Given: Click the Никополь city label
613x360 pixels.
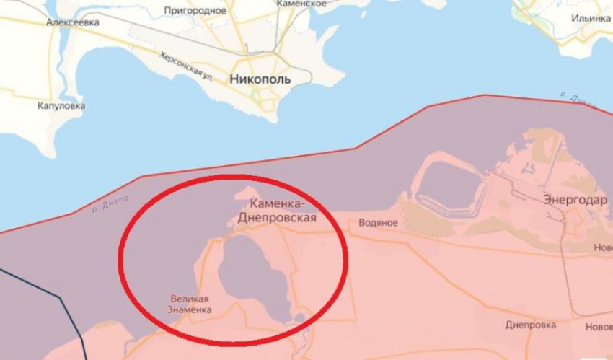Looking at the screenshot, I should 260,79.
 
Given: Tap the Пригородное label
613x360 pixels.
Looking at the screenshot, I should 195,10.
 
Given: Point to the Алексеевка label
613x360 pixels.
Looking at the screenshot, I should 73,22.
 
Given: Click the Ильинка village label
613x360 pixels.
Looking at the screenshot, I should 592,18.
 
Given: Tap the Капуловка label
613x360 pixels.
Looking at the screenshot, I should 61,106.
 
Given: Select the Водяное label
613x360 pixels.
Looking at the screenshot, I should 378,223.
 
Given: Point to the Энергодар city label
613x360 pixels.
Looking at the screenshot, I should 575,201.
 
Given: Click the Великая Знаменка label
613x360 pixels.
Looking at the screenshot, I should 190,304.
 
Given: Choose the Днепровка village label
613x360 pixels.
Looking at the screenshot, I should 529,325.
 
